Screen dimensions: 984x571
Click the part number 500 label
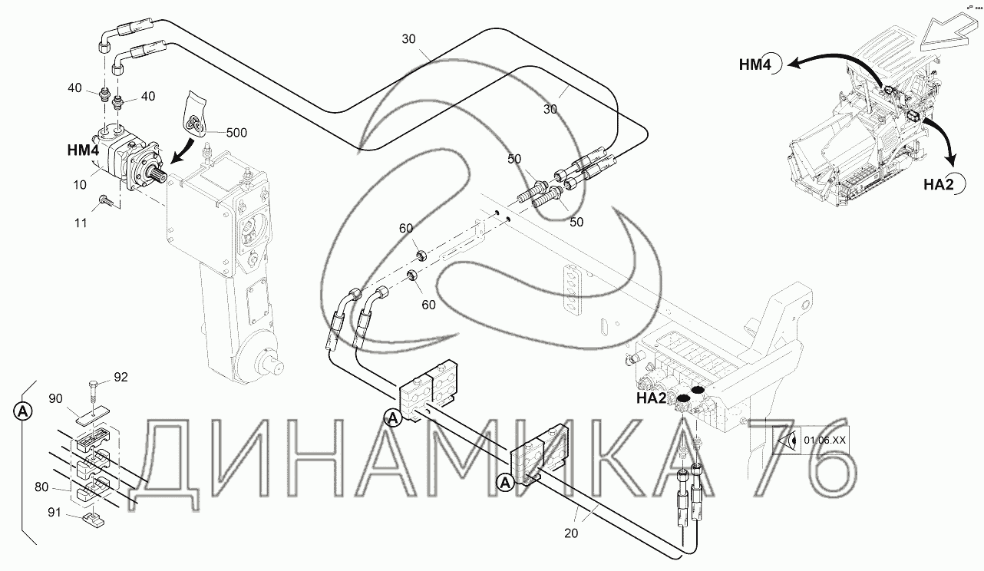coord(236,133)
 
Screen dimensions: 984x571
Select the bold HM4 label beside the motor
coord(83,150)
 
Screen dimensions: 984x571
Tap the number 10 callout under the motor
coord(80,185)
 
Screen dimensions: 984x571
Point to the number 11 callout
coord(81,223)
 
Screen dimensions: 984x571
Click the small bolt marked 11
coord(106,200)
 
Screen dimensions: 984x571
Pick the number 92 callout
coord(121,378)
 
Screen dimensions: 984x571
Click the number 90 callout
coord(56,398)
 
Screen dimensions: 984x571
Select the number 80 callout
coord(41,487)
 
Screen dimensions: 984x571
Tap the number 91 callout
coord(54,513)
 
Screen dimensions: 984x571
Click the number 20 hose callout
coord(571,533)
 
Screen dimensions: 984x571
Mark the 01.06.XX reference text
coord(824,440)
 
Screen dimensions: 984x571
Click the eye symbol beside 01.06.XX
coord(788,441)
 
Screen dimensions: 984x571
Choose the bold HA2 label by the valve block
coord(651,398)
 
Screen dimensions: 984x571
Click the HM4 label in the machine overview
coord(755,65)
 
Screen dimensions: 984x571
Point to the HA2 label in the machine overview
coord(939,184)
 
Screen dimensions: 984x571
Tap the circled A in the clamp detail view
coord(22,411)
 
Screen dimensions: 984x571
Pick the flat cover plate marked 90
coord(92,416)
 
